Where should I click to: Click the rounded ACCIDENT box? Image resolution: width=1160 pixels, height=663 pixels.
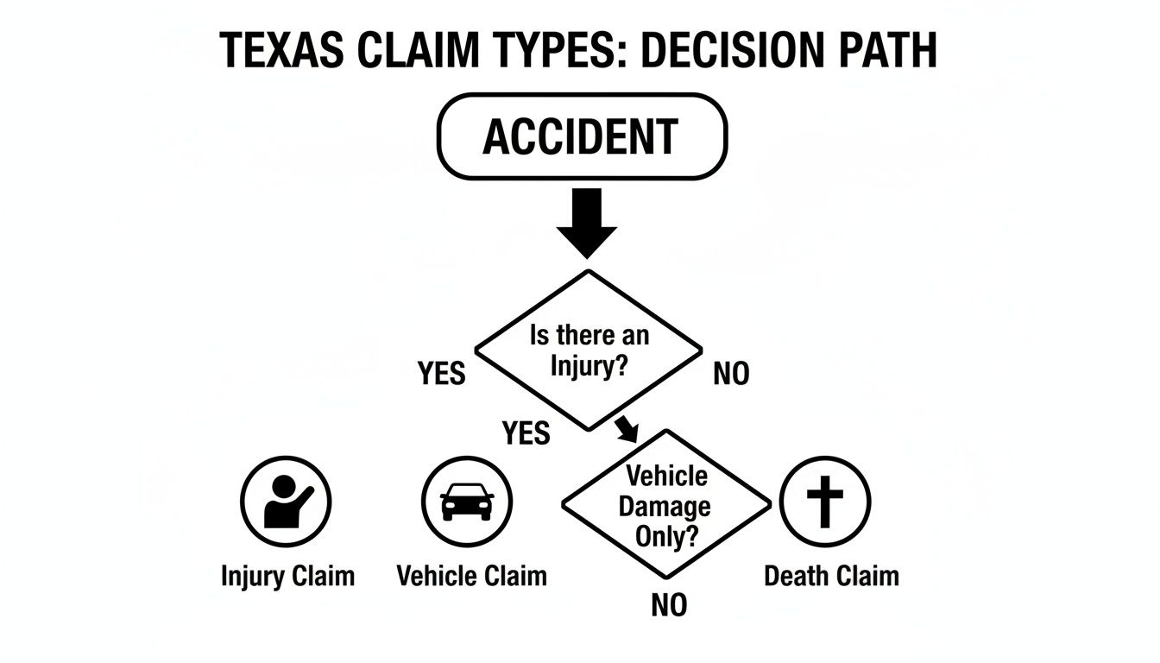pos(583,136)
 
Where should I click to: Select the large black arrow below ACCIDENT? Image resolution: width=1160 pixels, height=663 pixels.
pos(587,223)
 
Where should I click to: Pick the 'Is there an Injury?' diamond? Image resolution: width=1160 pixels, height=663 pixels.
pos(589,350)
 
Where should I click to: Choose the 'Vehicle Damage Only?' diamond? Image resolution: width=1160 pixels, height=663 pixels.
pos(665,504)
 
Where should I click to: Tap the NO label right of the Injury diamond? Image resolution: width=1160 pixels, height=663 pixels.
pos(731,375)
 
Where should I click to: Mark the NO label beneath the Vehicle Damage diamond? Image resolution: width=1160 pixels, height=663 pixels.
pos(669,605)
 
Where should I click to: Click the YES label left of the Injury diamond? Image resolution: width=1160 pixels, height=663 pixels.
pos(441,375)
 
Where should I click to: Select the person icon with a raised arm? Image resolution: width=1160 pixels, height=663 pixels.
pos(285,502)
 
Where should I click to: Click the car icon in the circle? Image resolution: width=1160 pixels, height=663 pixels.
pos(467,502)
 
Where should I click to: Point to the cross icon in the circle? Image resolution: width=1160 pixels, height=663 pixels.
pos(825,502)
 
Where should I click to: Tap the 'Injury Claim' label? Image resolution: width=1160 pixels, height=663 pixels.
pos(287,576)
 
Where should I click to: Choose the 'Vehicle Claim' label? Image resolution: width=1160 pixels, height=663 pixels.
pos(471,576)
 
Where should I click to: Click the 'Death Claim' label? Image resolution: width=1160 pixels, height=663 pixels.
pos(831,576)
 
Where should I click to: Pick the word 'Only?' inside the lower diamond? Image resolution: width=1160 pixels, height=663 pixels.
pos(665,535)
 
